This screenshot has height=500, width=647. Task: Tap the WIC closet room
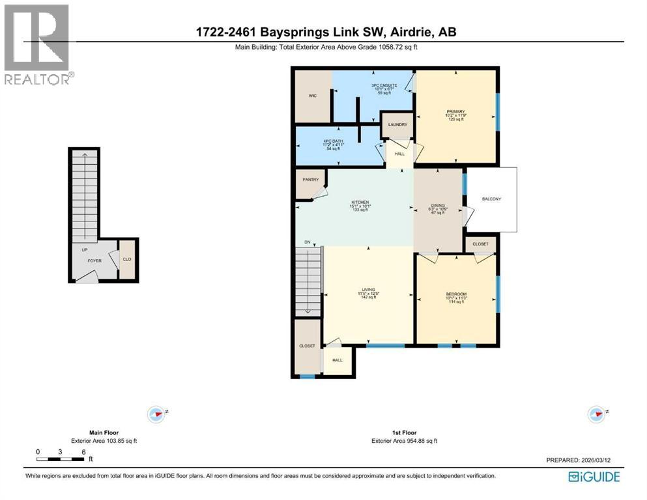(313, 96)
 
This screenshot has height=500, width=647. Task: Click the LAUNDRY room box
(397, 124)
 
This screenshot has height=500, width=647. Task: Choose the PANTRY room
(309, 181)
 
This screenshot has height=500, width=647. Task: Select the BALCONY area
(491, 199)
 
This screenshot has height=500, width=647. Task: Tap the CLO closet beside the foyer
(128, 260)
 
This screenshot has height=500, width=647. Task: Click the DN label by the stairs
(308, 242)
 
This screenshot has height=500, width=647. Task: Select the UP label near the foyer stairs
(85, 249)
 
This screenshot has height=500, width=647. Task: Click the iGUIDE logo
(594, 477)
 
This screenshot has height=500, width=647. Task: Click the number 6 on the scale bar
(83, 451)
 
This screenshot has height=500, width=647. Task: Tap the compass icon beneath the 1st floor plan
(596, 414)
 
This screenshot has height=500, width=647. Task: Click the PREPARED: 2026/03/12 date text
(579, 460)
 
